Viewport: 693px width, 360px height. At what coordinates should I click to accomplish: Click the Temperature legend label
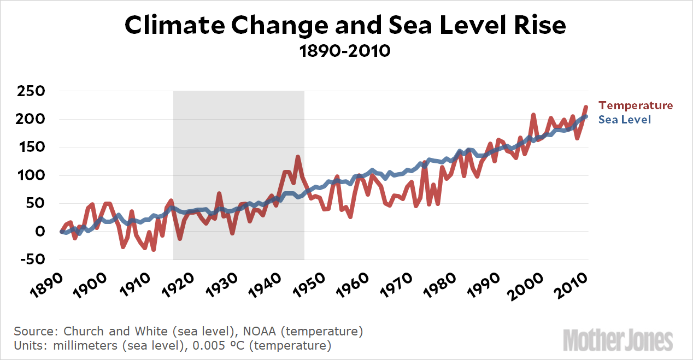[636, 105]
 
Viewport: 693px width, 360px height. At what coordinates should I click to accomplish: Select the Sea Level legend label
[625, 120]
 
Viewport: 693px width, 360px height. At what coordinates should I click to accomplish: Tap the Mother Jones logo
[618, 339]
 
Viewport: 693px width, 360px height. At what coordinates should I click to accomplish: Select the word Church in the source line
[81, 331]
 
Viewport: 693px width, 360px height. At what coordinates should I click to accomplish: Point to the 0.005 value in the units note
[224, 346]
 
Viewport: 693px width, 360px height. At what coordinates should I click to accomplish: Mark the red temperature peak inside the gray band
[298, 157]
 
